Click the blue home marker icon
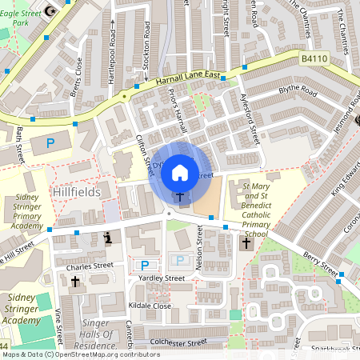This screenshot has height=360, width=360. point(180,171)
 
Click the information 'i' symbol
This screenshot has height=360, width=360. point(108,238)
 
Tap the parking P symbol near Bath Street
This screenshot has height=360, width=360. point(50,144)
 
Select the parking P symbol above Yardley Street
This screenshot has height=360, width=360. point(145,265)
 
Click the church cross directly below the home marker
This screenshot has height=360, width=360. point(180,197)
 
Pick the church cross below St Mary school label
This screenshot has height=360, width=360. point(246,242)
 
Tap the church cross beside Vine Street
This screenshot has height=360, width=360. point(75,282)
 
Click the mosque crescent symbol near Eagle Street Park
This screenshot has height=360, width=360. point(53,10)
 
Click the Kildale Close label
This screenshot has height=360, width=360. point(150,306)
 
